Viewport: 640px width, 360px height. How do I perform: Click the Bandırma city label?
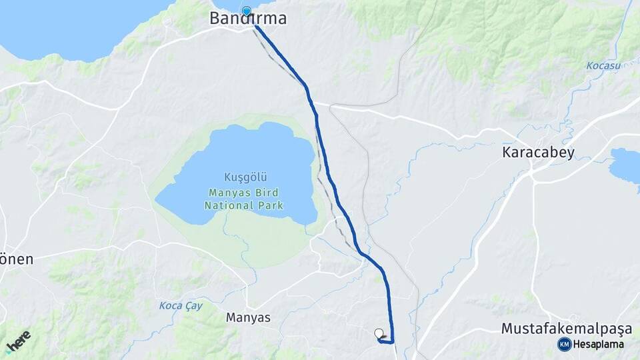click(248, 19)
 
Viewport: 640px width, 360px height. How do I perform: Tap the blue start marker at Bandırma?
click(247, 11)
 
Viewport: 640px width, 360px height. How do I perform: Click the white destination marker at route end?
click(379, 333)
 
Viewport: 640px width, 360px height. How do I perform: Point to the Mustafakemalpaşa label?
click(566, 329)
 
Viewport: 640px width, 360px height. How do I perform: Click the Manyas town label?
click(249, 318)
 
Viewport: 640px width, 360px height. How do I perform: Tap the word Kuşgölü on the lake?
click(246, 178)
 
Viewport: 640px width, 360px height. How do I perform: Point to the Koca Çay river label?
click(180, 306)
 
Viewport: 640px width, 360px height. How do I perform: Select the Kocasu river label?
click(603, 66)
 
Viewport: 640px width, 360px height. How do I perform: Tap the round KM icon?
click(564, 345)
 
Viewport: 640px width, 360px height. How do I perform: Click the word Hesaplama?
click(598, 345)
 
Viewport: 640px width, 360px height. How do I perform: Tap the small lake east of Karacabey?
click(627, 165)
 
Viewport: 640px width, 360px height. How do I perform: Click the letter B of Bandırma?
click(215, 19)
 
